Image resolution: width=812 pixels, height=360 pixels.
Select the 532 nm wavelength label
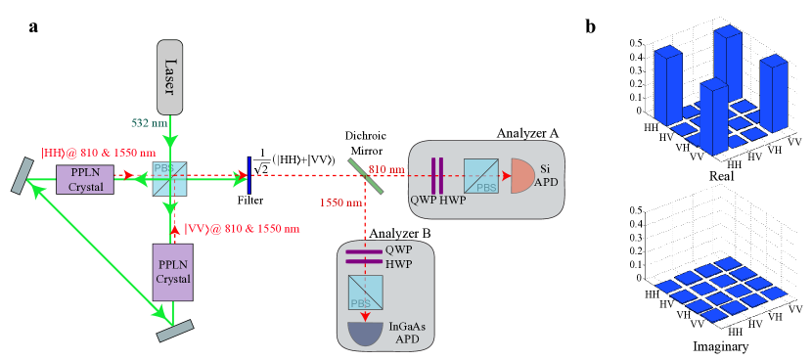pos(151,122)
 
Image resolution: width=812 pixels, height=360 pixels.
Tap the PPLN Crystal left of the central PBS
pos(84,180)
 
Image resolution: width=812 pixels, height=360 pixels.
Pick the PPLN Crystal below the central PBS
pos(172,272)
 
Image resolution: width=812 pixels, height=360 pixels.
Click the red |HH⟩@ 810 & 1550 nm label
pos(98,153)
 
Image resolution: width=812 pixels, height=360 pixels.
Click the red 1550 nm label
pos(339,202)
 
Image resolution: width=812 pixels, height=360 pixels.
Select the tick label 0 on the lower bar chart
pos(640,277)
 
